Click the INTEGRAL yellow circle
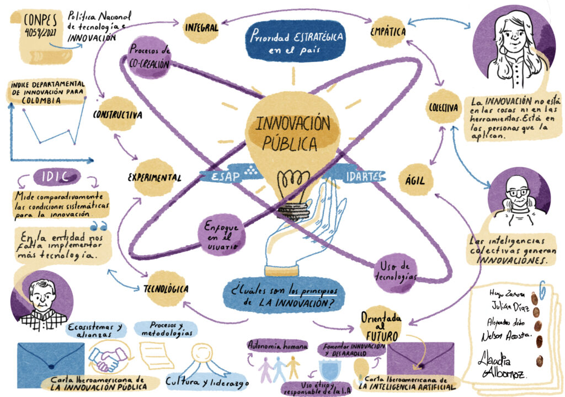pos(201,27)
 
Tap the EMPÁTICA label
pos(388,31)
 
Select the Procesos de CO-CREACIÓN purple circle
pos(148,59)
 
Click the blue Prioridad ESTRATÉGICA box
pos(296,40)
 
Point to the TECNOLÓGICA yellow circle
pos(166,288)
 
